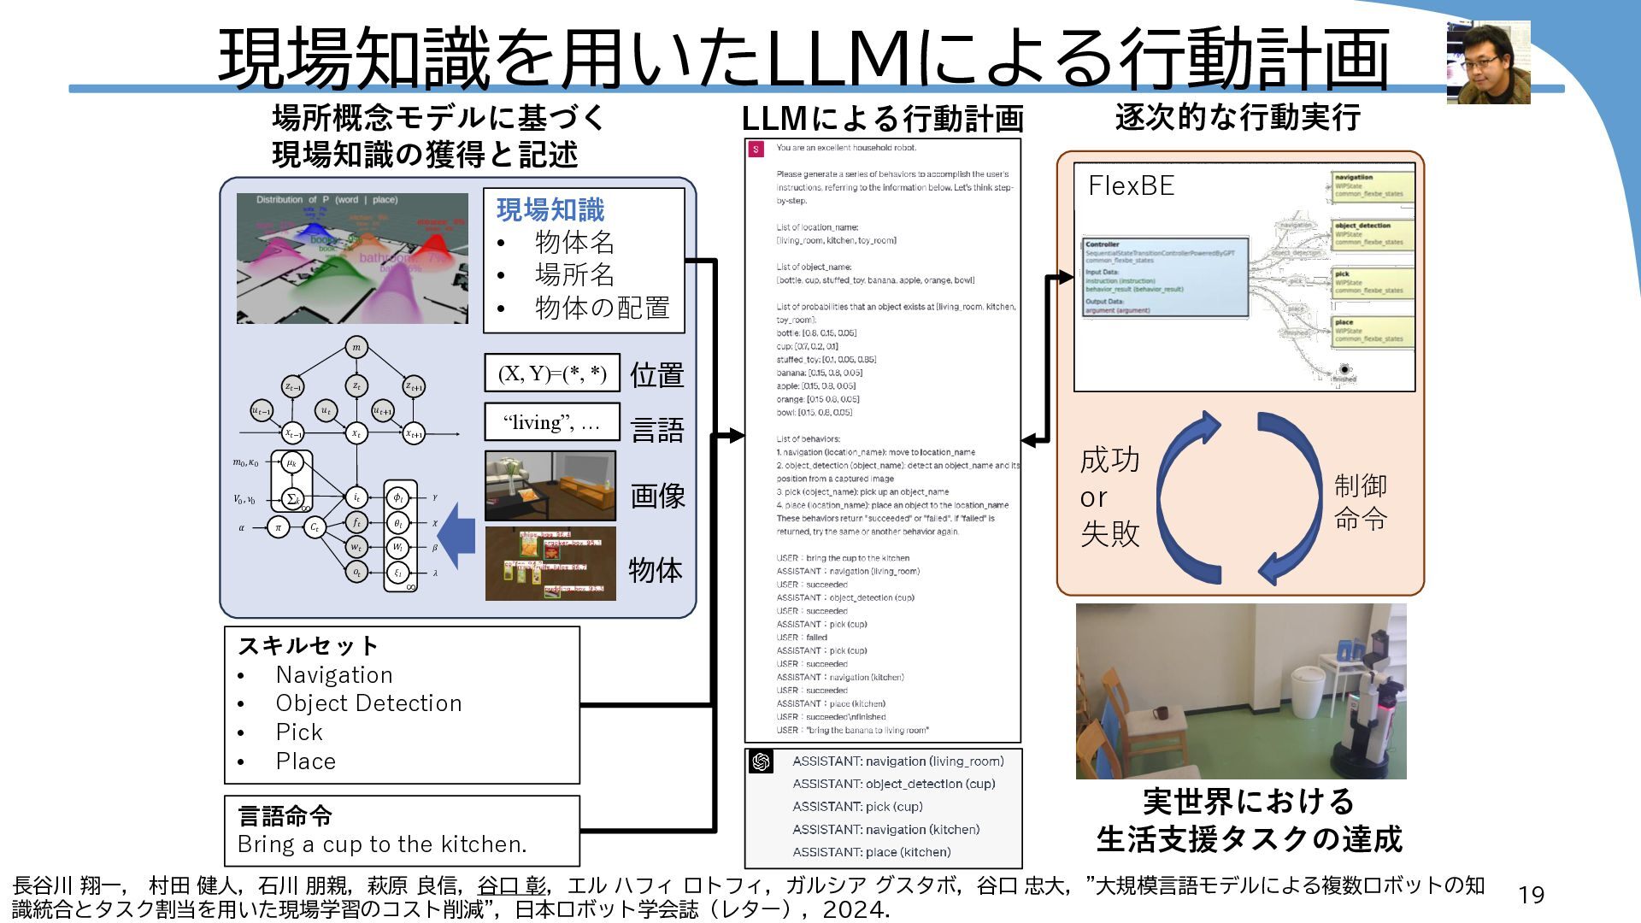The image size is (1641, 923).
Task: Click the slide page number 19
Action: [x=1531, y=895]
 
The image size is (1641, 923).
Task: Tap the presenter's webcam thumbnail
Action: [x=1488, y=62]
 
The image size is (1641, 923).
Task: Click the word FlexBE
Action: [x=1131, y=185]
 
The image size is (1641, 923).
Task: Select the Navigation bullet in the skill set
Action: [x=333, y=675]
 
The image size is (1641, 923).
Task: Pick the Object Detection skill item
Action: [x=368, y=703]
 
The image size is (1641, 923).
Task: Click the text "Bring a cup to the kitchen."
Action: [x=382, y=844]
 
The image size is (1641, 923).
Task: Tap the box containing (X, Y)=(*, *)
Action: [x=552, y=373]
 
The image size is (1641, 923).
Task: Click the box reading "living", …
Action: [x=552, y=422]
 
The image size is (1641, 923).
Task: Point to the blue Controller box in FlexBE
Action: [x=1164, y=278]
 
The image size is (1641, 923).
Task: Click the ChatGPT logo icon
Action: [x=761, y=761]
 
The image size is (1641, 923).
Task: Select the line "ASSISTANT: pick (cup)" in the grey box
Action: [x=857, y=807]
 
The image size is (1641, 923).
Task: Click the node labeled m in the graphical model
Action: [x=356, y=347]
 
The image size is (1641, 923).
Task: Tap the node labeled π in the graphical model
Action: [x=277, y=527]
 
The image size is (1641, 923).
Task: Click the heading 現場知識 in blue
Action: [x=550, y=209]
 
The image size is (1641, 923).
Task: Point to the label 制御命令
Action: [x=1360, y=503]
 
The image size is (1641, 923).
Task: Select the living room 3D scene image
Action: [x=550, y=485]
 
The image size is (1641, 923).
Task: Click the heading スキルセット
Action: [x=308, y=646]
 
